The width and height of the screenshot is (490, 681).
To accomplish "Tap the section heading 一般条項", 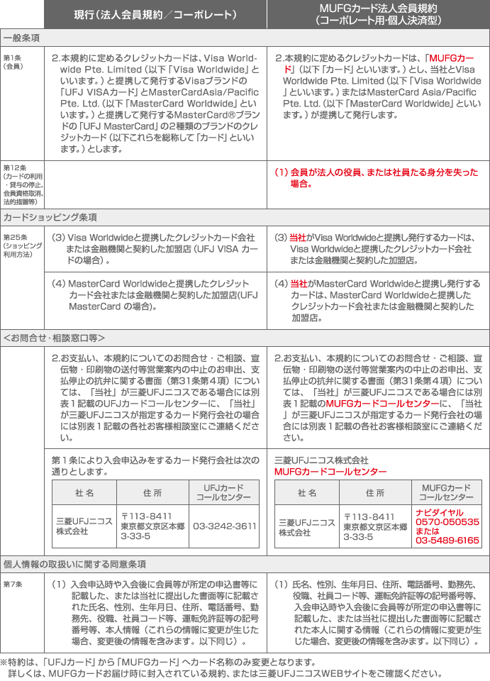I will pos(21,37).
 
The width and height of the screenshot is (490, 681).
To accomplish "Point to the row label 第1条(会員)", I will pos(13,61).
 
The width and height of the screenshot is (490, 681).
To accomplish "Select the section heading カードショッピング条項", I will pos(50,217).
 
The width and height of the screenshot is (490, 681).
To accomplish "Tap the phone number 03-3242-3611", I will pos(224,526).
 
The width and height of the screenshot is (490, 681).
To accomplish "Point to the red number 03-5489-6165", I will pos(447,541).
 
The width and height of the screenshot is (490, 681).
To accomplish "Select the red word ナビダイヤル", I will pos(440,512).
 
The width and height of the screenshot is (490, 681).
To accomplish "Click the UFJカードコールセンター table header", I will pos(224,492).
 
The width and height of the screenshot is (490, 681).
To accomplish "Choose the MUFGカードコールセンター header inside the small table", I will pos(447,492).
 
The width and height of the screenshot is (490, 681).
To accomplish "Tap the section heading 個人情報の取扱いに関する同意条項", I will pos(74,564).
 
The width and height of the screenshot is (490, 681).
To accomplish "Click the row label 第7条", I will pos(13,585).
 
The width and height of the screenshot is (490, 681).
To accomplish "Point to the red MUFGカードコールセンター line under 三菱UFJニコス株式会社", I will pos(330,472).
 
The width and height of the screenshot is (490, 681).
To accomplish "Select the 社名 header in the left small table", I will pos(84,493).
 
